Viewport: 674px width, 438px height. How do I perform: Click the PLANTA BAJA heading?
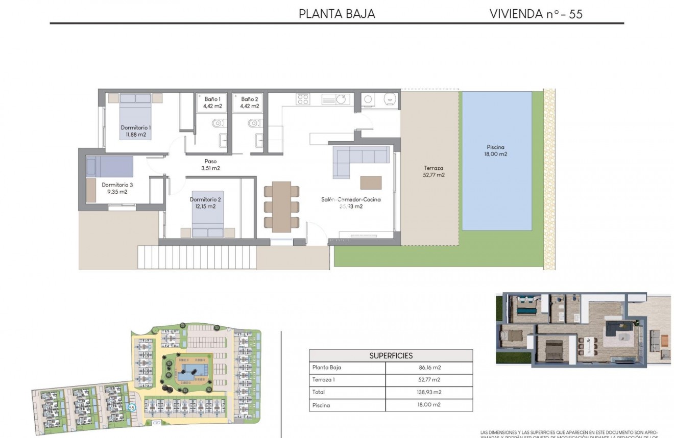[336, 14]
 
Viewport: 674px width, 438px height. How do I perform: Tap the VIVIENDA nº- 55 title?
[536, 14]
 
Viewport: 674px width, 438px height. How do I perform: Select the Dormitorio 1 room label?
[136, 131]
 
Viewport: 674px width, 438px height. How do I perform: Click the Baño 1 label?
[212, 102]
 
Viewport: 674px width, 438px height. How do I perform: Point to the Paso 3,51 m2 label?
[210, 164]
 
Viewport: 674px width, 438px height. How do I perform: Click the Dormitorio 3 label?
[117, 188]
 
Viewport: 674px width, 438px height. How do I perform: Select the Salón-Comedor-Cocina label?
[351, 203]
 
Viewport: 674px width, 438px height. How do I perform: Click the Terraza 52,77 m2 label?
[434, 171]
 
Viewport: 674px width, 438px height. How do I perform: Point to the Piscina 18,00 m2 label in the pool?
[496, 150]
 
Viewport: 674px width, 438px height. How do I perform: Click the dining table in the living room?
[281, 207]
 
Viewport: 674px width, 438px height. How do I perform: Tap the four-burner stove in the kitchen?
[303, 98]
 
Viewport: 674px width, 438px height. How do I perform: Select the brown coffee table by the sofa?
[371, 183]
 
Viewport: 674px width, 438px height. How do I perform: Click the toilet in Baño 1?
[218, 122]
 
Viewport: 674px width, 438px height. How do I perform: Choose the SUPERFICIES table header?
[391, 355]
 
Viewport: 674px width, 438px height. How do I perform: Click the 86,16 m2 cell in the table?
[429, 367]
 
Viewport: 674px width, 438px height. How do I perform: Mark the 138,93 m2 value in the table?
[429, 392]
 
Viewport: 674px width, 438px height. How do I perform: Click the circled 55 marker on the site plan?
[132, 407]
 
